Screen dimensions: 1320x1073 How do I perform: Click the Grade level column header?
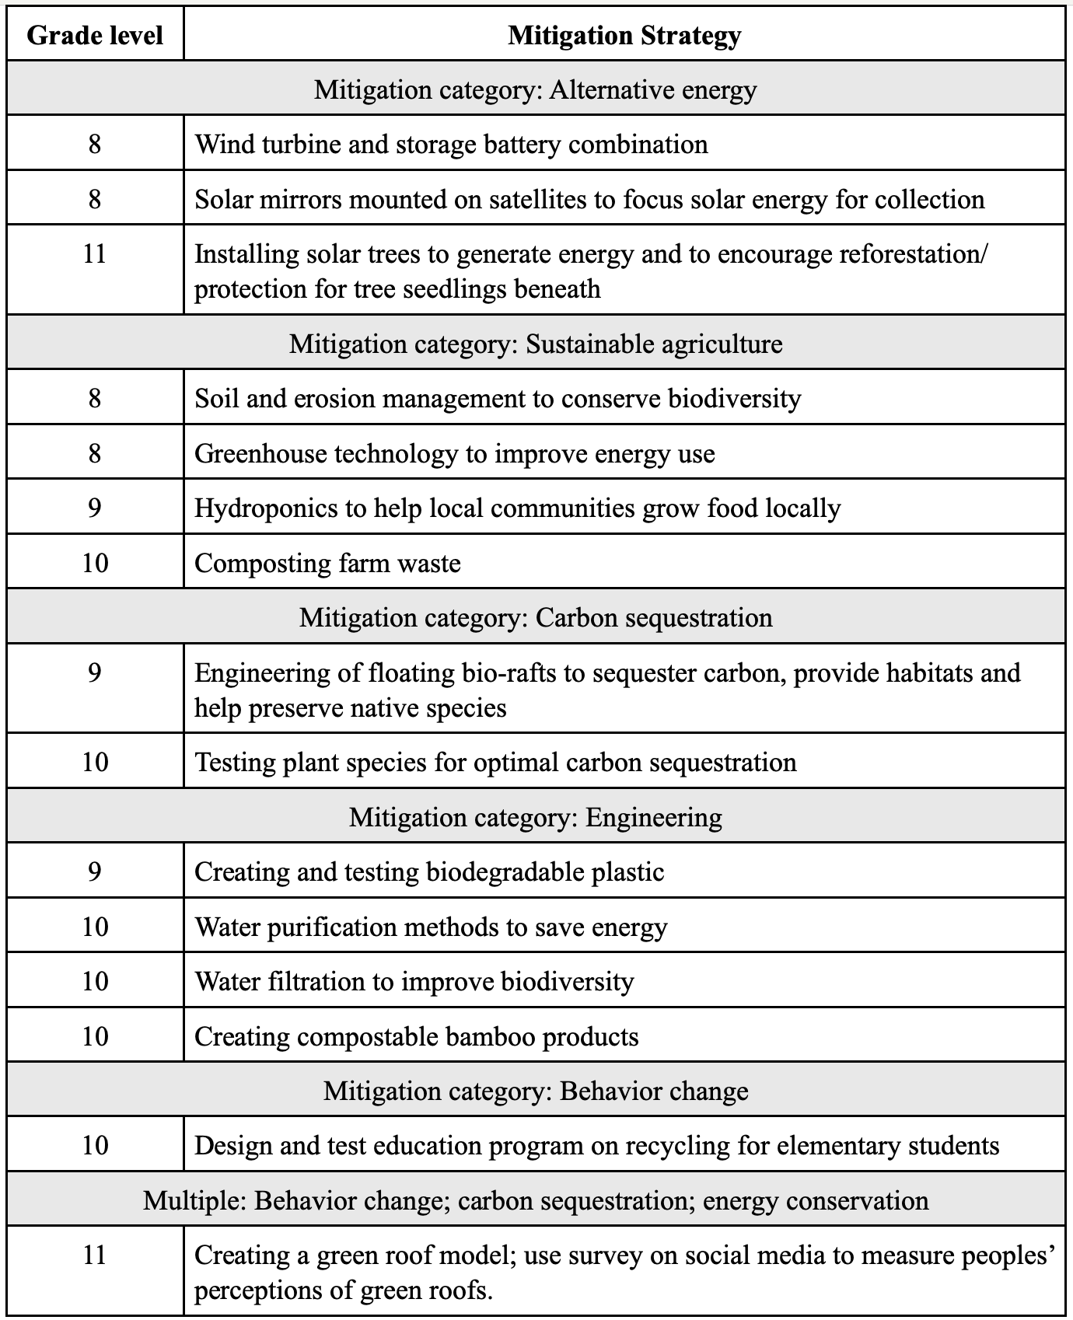(x=95, y=35)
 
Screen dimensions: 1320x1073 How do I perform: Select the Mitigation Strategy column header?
(x=624, y=35)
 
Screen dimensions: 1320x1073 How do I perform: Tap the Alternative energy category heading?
(x=535, y=89)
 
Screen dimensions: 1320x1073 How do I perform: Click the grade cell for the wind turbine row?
(x=95, y=144)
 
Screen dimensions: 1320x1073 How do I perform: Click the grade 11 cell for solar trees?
(x=95, y=254)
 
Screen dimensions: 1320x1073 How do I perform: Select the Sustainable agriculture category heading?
(x=535, y=344)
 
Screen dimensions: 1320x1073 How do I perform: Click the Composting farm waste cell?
(x=327, y=563)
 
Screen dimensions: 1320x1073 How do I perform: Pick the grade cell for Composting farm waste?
(x=95, y=563)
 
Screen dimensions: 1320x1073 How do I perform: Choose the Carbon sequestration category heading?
(x=535, y=617)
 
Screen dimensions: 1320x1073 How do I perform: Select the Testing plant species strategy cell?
(x=495, y=762)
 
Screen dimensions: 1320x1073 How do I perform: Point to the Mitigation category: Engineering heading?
(x=535, y=817)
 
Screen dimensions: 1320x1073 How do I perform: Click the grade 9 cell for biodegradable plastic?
(x=95, y=871)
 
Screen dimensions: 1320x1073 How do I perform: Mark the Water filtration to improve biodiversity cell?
(x=414, y=981)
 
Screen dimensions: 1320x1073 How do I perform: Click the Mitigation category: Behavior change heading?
(x=535, y=1091)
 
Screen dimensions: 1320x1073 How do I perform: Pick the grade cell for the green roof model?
(x=95, y=1255)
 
